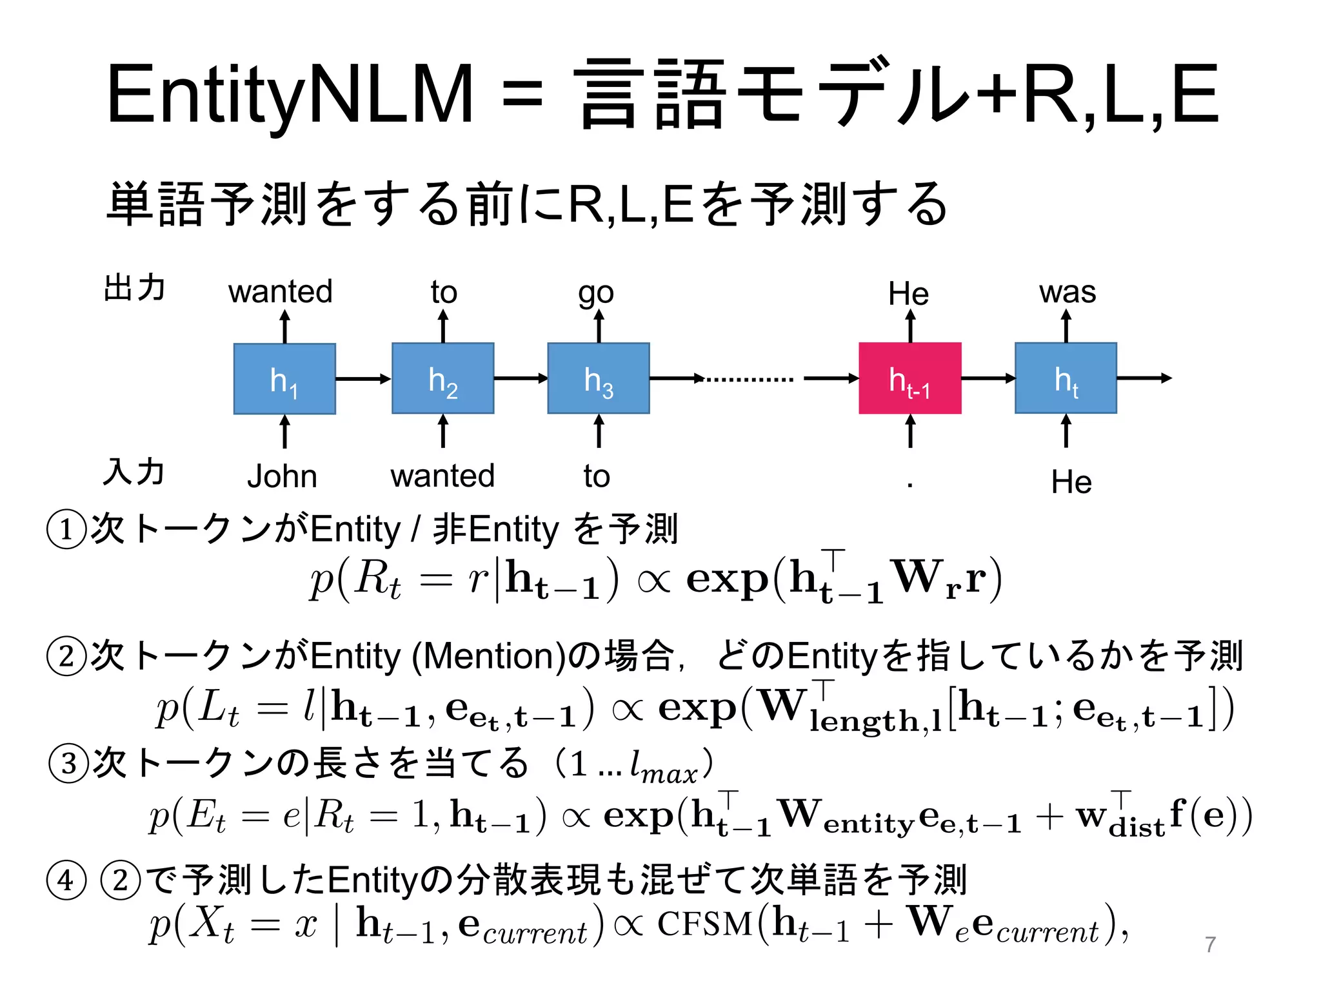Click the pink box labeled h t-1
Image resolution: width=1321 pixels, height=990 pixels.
tap(909, 378)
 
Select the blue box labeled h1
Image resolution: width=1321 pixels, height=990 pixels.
tap(284, 379)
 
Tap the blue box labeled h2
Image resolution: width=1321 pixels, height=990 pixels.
tap(443, 378)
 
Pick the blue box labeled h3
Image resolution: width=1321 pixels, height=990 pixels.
tap(599, 378)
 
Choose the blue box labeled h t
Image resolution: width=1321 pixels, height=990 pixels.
tap(1066, 378)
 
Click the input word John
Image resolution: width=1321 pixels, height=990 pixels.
tap(282, 477)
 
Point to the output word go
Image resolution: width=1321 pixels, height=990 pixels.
tap(596, 294)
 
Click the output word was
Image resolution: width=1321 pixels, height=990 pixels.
tap(1068, 292)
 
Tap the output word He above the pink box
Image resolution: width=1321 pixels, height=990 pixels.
tap(908, 294)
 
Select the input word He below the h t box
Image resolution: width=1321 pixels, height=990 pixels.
tap(1071, 482)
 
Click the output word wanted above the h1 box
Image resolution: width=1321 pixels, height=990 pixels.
tap(281, 291)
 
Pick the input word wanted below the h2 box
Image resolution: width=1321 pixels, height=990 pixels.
tap(442, 476)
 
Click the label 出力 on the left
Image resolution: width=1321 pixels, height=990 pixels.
tap(135, 287)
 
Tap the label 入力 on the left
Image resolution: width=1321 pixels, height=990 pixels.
tap(134, 472)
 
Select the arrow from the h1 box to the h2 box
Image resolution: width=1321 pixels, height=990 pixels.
tap(363, 379)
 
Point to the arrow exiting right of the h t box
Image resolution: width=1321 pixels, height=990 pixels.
tap(1144, 378)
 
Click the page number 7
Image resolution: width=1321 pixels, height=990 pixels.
tap(1210, 944)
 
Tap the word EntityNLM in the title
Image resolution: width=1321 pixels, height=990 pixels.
tap(290, 95)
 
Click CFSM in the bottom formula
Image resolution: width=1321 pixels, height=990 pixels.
tap(704, 924)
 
